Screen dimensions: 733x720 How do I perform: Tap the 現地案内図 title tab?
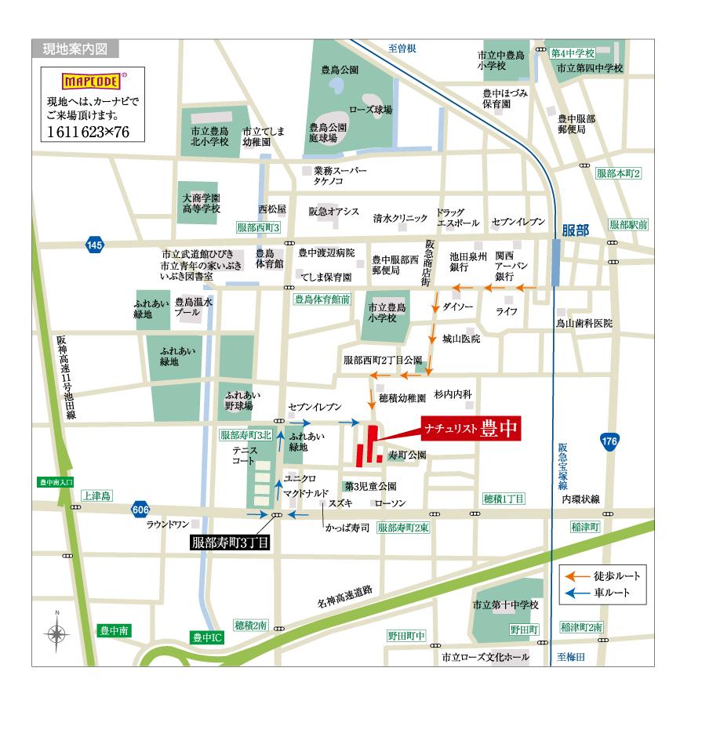point(76,49)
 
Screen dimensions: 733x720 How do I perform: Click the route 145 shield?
point(95,245)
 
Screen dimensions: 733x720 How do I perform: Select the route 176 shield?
point(609,441)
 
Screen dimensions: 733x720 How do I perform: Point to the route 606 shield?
point(140,509)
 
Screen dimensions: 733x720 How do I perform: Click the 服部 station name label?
point(576,230)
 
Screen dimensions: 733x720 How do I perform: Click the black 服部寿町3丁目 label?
point(231,542)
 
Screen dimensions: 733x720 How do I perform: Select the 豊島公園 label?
point(340,70)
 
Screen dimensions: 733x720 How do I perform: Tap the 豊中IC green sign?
point(208,638)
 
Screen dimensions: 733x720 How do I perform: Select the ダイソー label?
point(458,307)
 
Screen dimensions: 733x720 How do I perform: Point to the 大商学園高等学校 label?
point(202,204)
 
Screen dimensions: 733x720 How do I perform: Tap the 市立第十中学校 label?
point(506,605)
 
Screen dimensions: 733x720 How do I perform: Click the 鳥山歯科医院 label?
point(584,323)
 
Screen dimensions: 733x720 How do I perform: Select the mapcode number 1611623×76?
point(88,131)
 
